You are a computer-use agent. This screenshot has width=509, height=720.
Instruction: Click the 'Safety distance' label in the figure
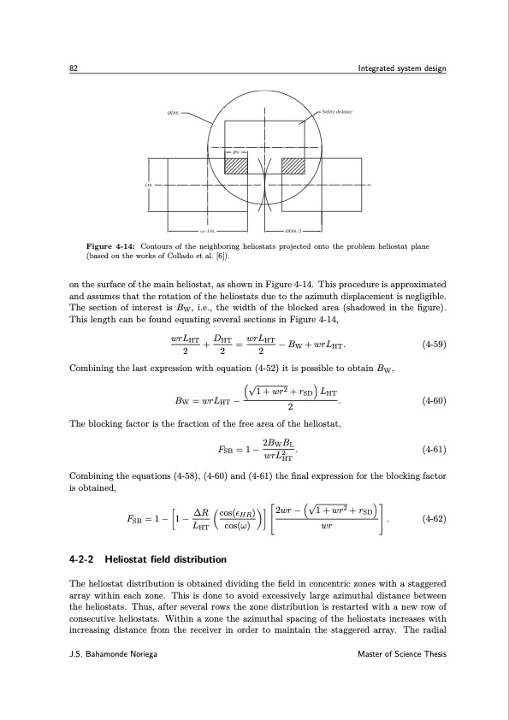[339, 112]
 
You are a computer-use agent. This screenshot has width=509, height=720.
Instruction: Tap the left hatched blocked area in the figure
[235, 165]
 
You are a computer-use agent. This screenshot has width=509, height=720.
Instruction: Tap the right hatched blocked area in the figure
[293, 165]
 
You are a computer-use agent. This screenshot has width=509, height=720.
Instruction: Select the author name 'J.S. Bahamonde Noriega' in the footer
[114, 653]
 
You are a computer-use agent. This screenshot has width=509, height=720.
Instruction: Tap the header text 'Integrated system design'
[401, 68]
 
